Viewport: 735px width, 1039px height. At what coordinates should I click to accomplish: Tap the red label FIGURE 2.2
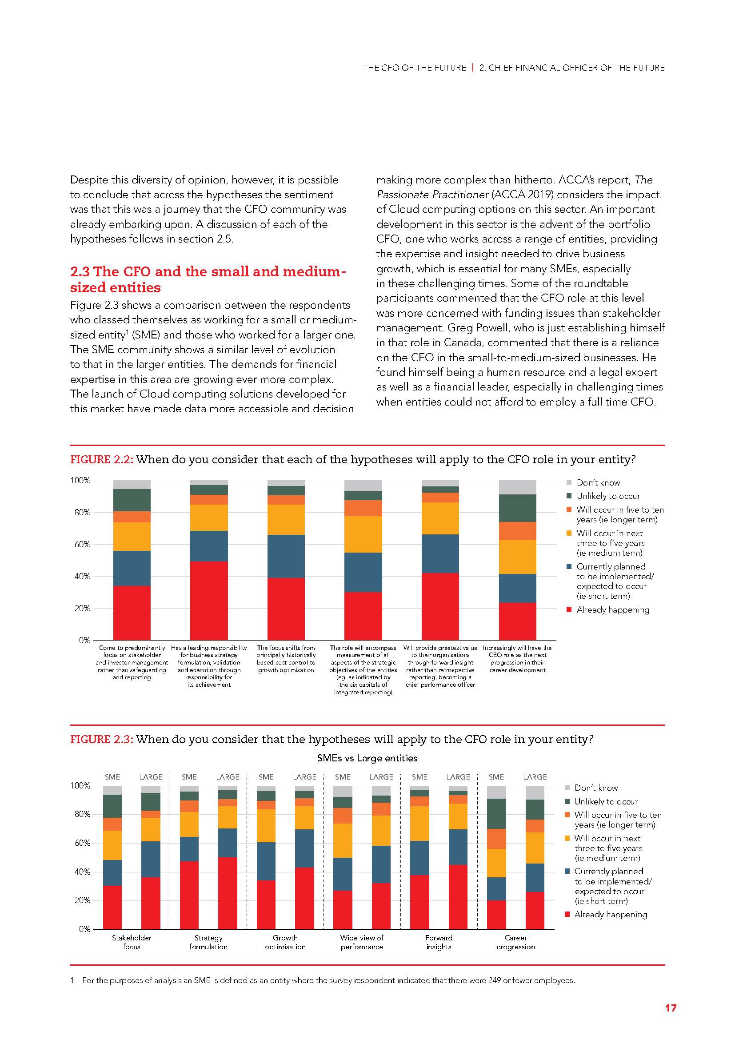click(101, 460)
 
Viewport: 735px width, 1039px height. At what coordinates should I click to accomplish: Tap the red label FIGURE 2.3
click(101, 740)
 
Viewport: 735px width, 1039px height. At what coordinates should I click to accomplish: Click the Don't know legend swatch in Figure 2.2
click(569, 483)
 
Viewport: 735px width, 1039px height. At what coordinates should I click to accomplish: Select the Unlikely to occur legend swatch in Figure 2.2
click(569, 496)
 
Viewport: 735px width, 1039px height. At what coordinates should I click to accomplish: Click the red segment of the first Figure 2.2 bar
click(132, 613)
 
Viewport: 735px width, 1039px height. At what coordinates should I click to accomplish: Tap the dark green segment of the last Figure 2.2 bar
click(517, 508)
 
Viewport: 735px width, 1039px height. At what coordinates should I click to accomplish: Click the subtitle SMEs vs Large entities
click(367, 758)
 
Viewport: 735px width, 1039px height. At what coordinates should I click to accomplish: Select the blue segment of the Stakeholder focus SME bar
click(112, 872)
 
